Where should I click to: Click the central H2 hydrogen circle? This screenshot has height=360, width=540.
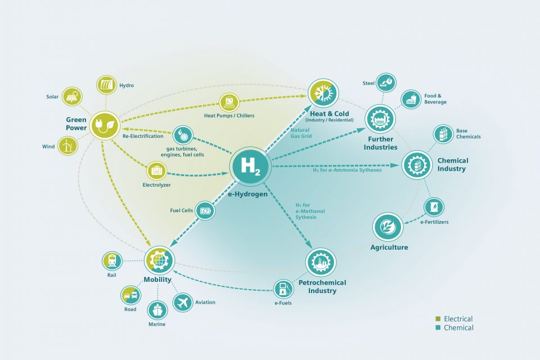tap(249, 166)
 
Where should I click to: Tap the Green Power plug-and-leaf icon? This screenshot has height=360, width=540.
tap(105, 125)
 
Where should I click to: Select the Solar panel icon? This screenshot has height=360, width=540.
tap(72, 96)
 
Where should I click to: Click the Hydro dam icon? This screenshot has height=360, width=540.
tap(106, 85)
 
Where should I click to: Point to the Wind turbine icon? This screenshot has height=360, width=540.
tap(67, 146)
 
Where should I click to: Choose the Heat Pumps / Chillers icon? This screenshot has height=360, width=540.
tap(229, 102)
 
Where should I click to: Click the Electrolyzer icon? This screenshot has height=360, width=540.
tap(157, 171)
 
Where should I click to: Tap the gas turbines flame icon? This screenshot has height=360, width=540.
tap(183, 136)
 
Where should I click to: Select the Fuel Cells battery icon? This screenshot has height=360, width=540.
tap(205, 210)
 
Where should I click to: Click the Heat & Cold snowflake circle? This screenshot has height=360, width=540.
tap(323, 93)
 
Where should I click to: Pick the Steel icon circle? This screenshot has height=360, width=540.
tap(386, 82)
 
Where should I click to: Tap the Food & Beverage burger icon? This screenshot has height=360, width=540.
tap(411, 100)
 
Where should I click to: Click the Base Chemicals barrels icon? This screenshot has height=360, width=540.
tap(443, 134)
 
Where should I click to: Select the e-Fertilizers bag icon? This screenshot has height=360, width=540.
tap(434, 207)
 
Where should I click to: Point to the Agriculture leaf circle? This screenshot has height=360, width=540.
tap(388, 227)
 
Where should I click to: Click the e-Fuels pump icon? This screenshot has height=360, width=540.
tap(283, 289)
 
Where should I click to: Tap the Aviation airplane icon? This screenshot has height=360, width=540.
tap(182, 303)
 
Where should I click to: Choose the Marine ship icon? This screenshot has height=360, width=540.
tap(157, 310)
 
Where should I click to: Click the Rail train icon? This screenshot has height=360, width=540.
tap(112, 261)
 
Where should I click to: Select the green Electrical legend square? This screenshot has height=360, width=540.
tap(438, 319)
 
